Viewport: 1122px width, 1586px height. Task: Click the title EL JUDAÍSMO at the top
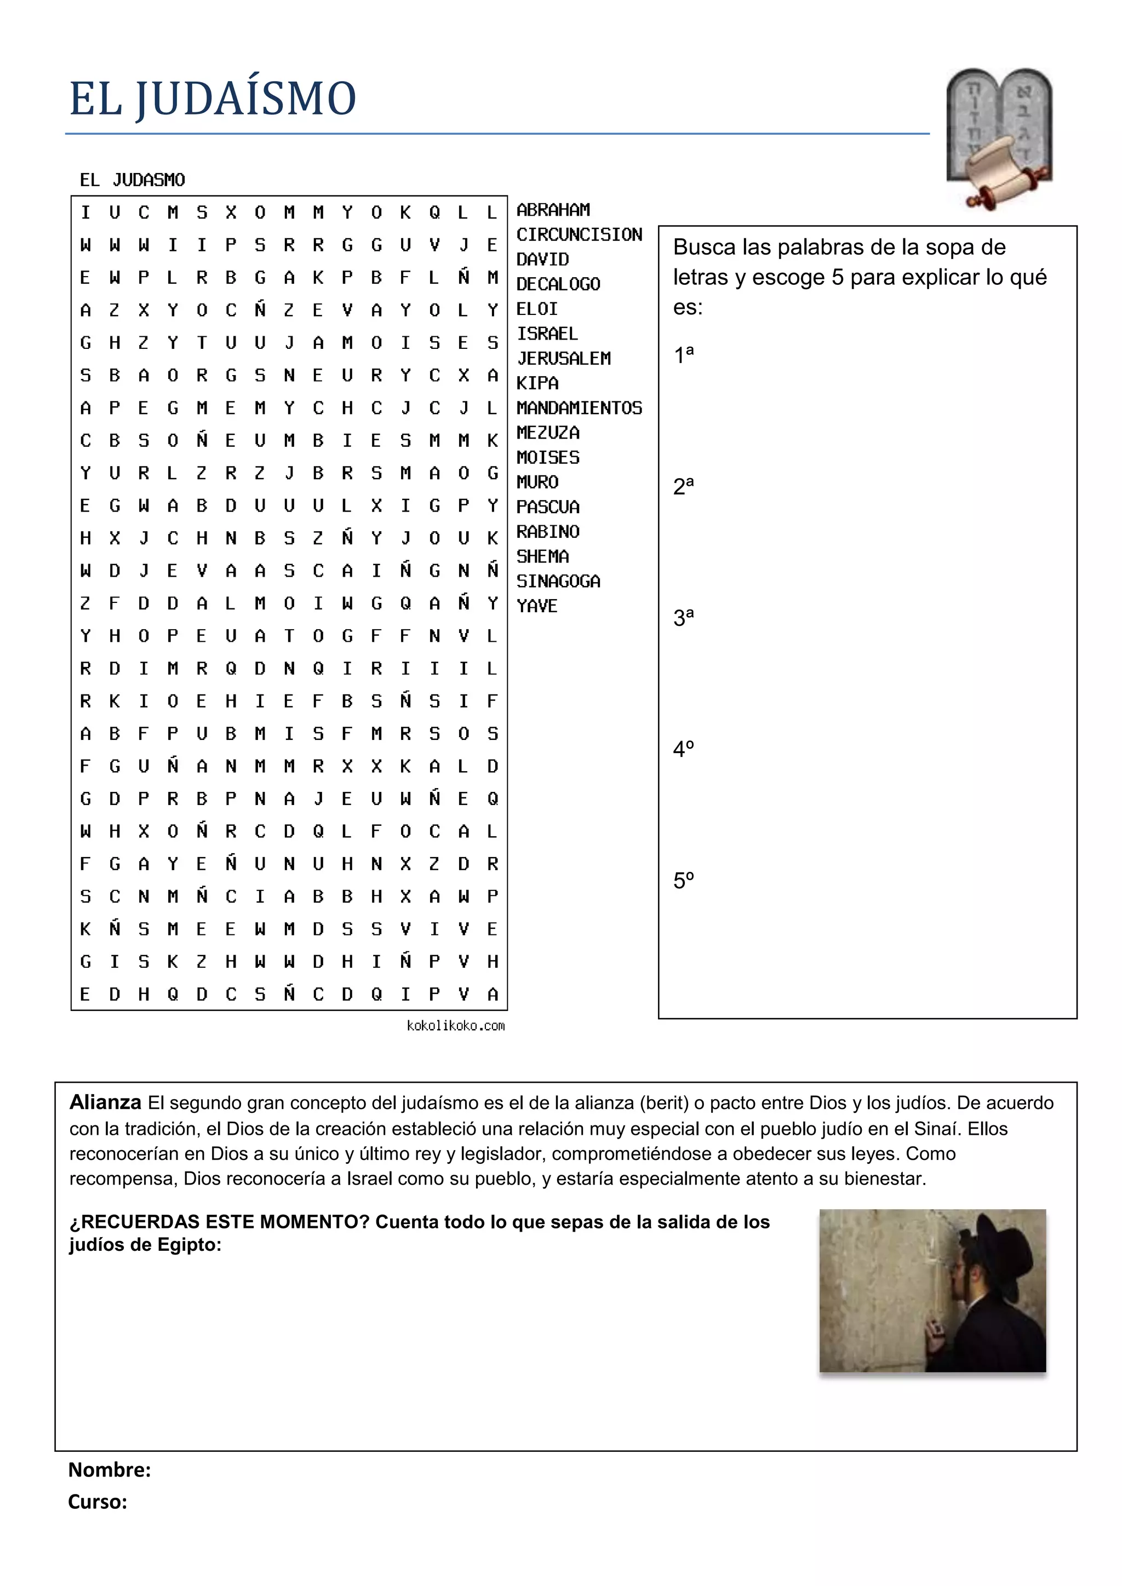pos(212,98)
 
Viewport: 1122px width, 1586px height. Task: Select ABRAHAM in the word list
pos(553,209)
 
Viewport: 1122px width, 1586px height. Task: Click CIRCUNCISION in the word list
pos(579,235)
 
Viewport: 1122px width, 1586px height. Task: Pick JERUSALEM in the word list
pos(564,359)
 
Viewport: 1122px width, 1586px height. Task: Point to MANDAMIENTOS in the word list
pos(579,408)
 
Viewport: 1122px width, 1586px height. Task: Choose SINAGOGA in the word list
pos(558,582)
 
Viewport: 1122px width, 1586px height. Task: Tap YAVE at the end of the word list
pos(537,606)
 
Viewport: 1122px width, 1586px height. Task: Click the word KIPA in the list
pos(537,383)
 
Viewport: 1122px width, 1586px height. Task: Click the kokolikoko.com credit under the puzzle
pos(455,1026)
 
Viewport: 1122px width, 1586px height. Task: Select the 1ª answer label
pos(683,354)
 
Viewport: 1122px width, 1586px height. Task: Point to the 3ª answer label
pos(683,617)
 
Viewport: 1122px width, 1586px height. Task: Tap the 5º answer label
pos(683,880)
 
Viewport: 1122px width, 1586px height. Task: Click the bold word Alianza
pos(105,1102)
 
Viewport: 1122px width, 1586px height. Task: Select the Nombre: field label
pos(109,1470)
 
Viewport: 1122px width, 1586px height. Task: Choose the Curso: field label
pos(98,1502)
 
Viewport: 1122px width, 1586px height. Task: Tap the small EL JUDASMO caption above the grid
pos(132,180)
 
